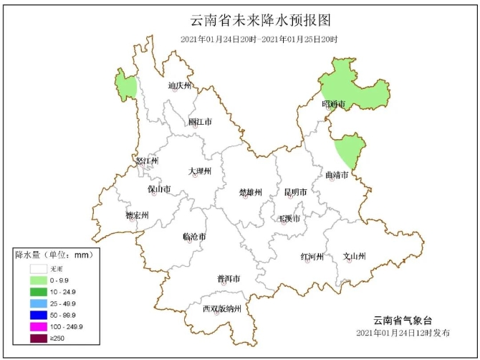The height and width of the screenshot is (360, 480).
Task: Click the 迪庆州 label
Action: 180,85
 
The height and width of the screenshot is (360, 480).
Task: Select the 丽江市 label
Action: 200,122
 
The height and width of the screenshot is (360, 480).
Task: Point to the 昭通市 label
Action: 334,105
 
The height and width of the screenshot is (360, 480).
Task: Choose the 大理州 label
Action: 200,171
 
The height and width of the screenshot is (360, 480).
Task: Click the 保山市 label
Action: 159,189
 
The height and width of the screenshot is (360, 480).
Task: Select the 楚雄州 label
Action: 251,192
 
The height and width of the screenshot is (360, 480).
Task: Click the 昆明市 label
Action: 295,192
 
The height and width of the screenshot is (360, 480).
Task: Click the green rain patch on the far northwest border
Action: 126,87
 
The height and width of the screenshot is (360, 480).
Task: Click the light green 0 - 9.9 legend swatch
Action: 38,280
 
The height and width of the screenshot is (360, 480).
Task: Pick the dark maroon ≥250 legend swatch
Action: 38,338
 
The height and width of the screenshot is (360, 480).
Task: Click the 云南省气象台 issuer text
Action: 403,320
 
